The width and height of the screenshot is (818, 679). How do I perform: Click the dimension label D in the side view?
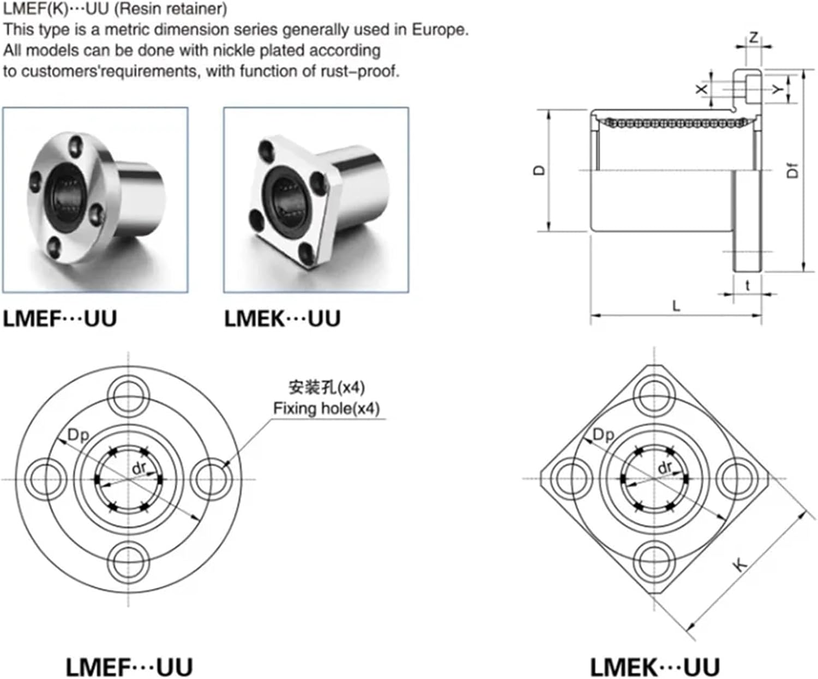pos(539,170)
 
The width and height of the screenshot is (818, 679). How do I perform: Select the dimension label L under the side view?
pos(676,306)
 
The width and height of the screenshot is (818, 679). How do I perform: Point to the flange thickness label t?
pos(747,285)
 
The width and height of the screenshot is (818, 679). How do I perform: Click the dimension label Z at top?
pos(754,38)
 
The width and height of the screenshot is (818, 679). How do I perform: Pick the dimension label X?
pos(702,88)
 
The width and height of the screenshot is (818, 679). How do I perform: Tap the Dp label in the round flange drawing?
pos(78,435)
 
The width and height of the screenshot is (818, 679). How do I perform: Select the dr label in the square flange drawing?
pos(665,467)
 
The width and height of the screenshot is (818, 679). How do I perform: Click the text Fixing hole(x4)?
pos(326,408)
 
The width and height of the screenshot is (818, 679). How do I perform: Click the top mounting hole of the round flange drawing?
pos(129,394)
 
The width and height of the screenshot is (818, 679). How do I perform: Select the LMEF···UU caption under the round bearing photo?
pos(60,319)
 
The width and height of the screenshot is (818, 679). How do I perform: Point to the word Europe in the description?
pos(440,29)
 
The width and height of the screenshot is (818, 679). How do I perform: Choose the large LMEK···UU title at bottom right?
pos(654,667)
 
